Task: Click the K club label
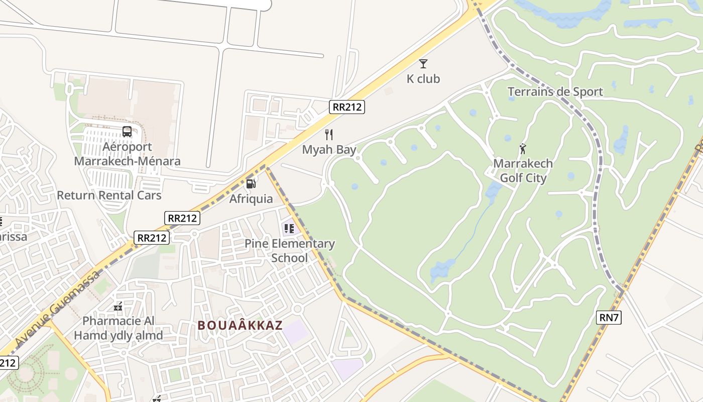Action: pyautogui.click(x=423, y=79)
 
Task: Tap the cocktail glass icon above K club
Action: pyautogui.click(x=423, y=63)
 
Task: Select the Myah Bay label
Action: pyautogui.click(x=329, y=150)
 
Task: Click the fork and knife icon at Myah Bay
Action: pyautogui.click(x=329, y=135)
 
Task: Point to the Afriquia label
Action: pyautogui.click(x=251, y=199)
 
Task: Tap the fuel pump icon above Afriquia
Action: pyautogui.click(x=251, y=184)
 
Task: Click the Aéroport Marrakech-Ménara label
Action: pyautogui.click(x=127, y=154)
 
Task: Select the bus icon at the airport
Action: pyautogui.click(x=127, y=132)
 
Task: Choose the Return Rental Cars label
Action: pyautogui.click(x=109, y=195)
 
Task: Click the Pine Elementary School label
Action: pyautogui.click(x=289, y=251)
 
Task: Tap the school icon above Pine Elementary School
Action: pyautogui.click(x=289, y=229)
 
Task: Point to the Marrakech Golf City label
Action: pyautogui.click(x=523, y=171)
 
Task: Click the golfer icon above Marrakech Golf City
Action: pyautogui.click(x=523, y=149)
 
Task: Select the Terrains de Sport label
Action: pyautogui.click(x=555, y=92)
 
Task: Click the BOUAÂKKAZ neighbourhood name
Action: pyautogui.click(x=240, y=326)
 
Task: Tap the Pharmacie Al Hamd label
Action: pyautogui.click(x=119, y=328)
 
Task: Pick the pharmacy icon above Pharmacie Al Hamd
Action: pyautogui.click(x=119, y=306)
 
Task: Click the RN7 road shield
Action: pyautogui.click(x=609, y=318)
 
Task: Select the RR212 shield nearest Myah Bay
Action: pyautogui.click(x=347, y=107)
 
